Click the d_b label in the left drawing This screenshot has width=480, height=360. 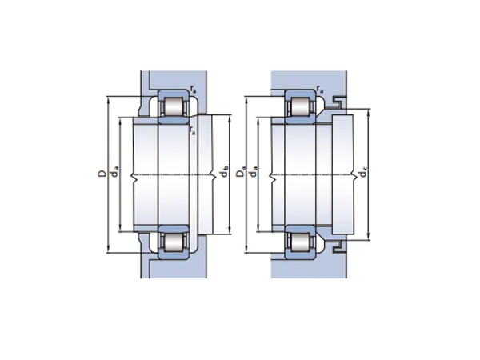point(224,172)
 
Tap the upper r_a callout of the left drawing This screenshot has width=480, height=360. point(193,89)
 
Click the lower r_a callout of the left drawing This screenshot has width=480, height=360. point(192,130)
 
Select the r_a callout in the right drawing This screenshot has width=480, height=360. point(320,89)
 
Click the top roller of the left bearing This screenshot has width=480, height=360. point(174,107)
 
